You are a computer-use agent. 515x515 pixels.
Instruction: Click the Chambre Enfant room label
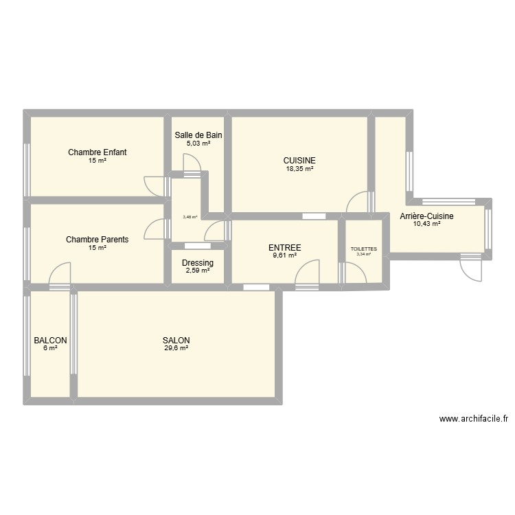[x=97, y=152]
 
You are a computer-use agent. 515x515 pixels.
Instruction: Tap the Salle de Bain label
[x=198, y=135]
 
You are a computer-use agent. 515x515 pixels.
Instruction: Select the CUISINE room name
[x=299, y=160]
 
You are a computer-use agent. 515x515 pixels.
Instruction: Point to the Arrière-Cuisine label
[x=426, y=216]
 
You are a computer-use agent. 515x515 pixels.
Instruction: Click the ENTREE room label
[x=284, y=248]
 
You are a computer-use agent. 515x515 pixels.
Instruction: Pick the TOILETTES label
[x=363, y=249]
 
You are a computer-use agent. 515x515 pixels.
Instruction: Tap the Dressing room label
[x=198, y=263]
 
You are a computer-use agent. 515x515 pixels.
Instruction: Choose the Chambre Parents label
[x=97, y=240]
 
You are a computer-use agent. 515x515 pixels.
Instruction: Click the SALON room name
[x=176, y=341]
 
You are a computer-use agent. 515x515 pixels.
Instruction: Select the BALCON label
[x=51, y=341]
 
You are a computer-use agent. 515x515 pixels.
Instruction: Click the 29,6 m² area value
[x=176, y=349]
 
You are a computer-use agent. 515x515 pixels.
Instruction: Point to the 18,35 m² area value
[x=299, y=168]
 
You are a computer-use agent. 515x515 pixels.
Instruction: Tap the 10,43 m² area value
[x=426, y=224]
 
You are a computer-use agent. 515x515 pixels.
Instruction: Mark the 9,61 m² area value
[x=284, y=255]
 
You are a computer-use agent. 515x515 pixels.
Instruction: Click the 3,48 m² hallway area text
[x=190, y=217]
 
